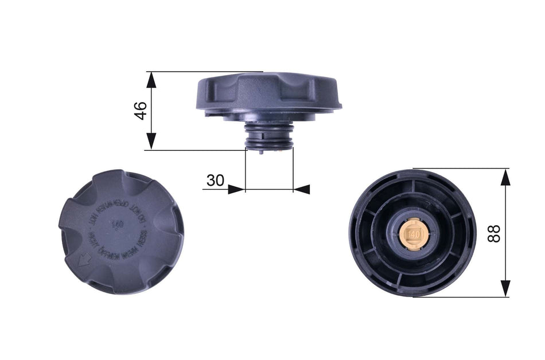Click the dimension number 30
click(x=215, y=180)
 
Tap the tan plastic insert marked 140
click(x=412, y=233)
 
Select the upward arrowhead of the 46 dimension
click(x=151, y=80)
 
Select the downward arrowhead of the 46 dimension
click(x=151, y=142)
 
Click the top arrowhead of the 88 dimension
click(x=505, y=177)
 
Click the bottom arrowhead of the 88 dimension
click(x=505, y=288)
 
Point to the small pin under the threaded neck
click(x=262, y=152)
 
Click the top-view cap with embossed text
click(x=121, y=232)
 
